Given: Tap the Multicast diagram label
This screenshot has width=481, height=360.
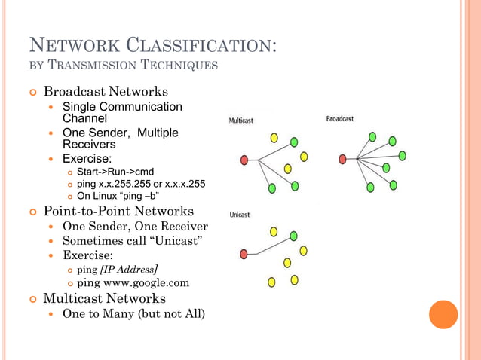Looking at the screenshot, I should coord(241,120).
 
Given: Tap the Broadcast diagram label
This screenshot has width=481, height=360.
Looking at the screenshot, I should coord(340,119).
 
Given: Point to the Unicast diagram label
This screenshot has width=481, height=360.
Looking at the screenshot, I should coord(240,215).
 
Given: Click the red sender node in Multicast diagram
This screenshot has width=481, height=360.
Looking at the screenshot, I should coord(244,160).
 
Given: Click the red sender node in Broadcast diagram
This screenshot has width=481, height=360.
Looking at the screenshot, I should coord(343,159).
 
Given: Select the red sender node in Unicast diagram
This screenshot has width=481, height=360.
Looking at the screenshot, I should coord(244,255).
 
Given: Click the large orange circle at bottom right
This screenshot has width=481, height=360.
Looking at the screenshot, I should coord(443,315).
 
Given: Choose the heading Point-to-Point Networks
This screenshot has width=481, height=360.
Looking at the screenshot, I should coord(118,211).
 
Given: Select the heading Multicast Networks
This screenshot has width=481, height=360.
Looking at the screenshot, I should coord(105,298).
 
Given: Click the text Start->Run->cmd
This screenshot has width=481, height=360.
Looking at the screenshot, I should coord(115,171).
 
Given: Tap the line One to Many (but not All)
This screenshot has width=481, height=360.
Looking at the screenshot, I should coord(133,313).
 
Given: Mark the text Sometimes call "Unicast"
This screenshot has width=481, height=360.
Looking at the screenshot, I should coord(132,240).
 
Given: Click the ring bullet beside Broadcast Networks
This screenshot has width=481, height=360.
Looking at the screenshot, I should coord(32,92).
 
